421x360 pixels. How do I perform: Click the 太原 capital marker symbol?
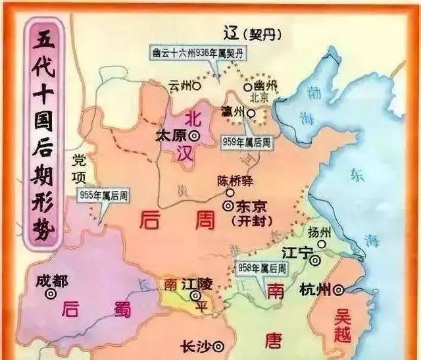pos(195,135)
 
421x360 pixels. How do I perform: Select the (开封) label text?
pos(254,220)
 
